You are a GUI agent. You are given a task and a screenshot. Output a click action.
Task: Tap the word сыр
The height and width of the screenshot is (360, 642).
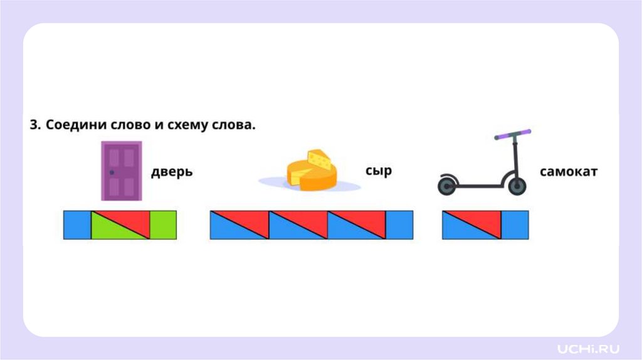pyautogui.click(x=378, y=171)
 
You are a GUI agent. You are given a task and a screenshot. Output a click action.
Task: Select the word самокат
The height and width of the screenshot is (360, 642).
pyautogui.click(x=569, y=171)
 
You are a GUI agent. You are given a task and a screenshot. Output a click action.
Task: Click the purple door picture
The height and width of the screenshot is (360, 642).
pyautogui.click(x=122, y=171)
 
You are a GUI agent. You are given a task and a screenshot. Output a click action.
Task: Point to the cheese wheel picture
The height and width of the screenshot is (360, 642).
pyautogui.click(x=312, y=171)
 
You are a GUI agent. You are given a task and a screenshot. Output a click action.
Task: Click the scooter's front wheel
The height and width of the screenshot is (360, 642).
pyautogui.click(x=517, y=186)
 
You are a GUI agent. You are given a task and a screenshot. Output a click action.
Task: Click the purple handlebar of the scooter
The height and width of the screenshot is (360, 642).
pyautogui.click(x=512, y=134)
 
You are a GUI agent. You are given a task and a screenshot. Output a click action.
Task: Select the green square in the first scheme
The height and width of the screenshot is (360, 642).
pyautogui.click(x=164, y=225)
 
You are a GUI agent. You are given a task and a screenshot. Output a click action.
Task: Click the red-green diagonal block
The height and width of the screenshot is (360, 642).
pyautogui.click(x=121, y=225)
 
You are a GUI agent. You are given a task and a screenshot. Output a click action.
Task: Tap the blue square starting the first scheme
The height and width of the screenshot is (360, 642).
pyautogui.click(x=77, y=225)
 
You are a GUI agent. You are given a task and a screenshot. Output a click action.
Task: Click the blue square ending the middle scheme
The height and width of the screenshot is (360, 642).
pyautogui.click(x=399, y=225)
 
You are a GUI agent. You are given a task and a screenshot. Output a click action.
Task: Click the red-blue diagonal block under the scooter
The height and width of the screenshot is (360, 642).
pyautogui.click(x=472, y=225)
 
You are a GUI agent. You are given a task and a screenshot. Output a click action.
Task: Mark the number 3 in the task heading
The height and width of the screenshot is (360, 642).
pyautogui.click(x=34, y=125)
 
